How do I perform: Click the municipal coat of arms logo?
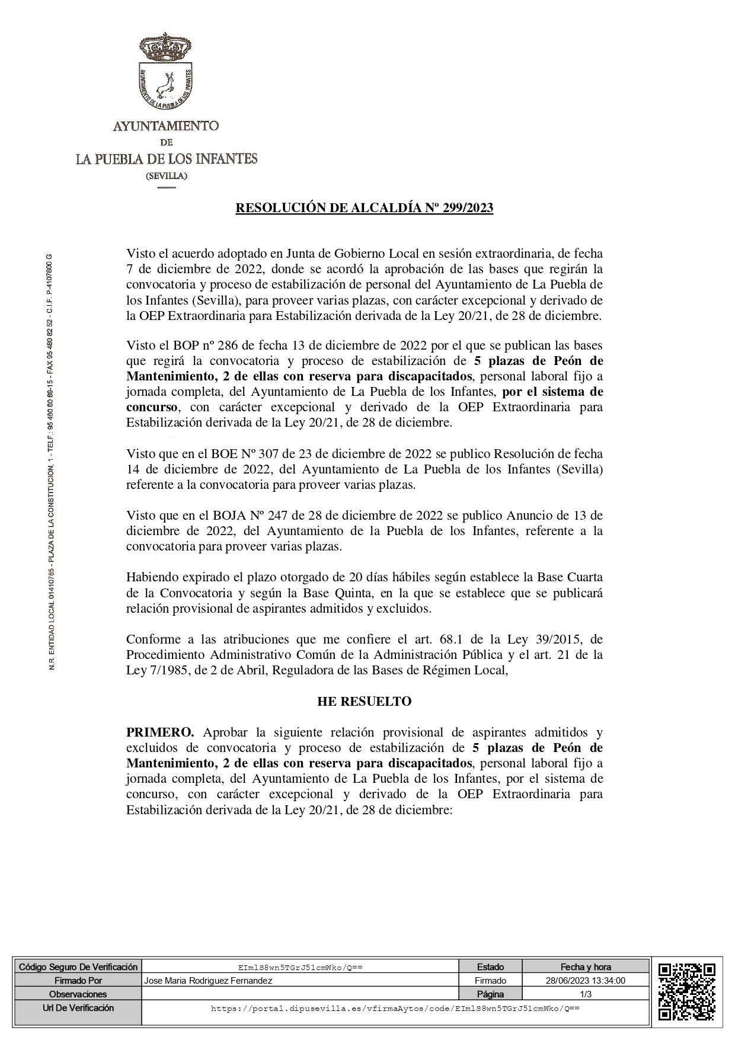(167, 74)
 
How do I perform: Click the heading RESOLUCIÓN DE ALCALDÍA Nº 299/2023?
(365, 208)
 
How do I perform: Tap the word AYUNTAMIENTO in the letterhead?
(166, 126)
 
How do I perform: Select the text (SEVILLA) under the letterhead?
(167, 176)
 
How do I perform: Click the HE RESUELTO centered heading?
(365, 702)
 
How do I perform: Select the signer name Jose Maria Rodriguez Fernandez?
(208, 981)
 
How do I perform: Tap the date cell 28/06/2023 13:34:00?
(586, 981)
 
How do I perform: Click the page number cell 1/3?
(586, 994)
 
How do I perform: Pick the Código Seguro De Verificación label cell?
(78, 967)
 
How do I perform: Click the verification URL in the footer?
(395, 1008)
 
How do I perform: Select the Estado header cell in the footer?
(490, 967)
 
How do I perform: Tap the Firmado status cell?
(490, 981)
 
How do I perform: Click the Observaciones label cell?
(78, 994)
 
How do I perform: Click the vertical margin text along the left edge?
(52, 462)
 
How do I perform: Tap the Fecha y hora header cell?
(586, 967)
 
